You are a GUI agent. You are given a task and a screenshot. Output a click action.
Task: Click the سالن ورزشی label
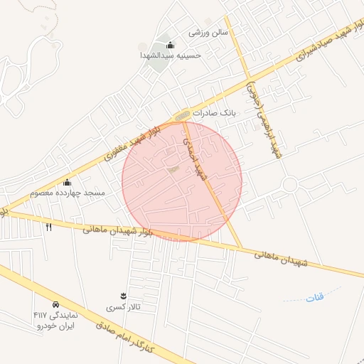coord(208,33)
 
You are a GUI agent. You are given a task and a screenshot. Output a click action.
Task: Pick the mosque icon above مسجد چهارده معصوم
coord(68,183)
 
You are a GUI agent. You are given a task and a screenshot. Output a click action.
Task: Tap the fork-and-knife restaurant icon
coord(49,227)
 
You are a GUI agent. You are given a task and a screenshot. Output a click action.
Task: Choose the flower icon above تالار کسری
coord(124,296)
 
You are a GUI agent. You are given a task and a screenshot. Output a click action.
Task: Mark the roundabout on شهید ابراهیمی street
coord(289,185)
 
